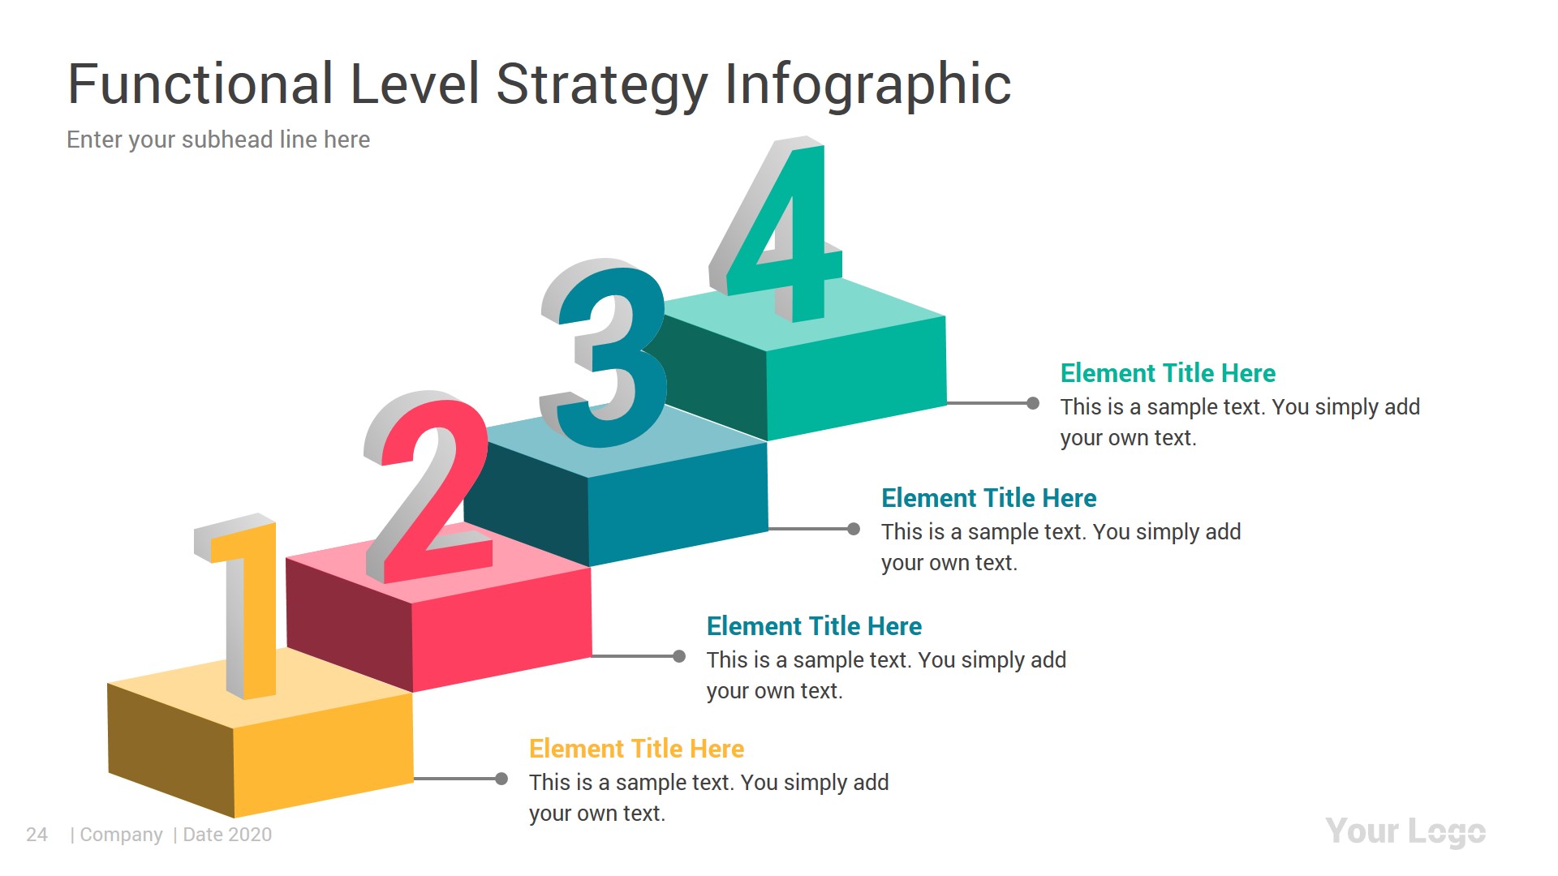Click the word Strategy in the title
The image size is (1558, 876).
[x=601, y=84]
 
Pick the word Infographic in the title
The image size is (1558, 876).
[x=867, y=84]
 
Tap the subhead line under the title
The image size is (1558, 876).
[x=218, y=140]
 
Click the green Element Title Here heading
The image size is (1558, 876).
[x=1168, y=373]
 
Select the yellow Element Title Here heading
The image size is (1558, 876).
[x=636, y=749]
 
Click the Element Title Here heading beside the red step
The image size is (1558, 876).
[x=814, y=626]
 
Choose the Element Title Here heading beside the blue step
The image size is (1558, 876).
[x=988, y=498]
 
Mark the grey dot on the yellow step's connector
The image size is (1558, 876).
[x=501, y=779]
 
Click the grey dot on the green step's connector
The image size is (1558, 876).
[x=1033, y=403]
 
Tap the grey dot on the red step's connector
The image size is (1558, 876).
[x=679, y=656]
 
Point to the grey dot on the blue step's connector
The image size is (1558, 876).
[x=854, y=529]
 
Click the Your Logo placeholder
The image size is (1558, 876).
[x=1405, y=832]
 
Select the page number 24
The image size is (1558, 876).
[x=37, y=835]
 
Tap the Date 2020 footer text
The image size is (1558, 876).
[x=227, y=835]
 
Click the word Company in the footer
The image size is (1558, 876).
[x=121, y=835]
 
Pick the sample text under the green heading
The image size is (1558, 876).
[x=1239, y=422]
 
